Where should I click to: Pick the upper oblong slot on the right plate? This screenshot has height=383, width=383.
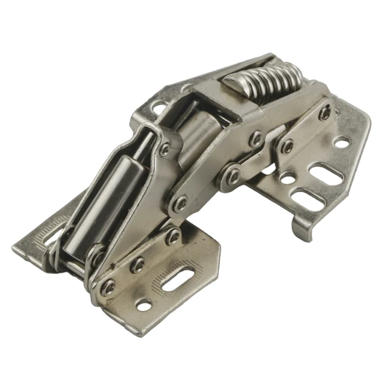tap(324, 174)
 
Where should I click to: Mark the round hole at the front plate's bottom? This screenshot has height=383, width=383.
tap(144, 305)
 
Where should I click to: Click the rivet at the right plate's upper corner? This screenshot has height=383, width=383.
tap(324, 111)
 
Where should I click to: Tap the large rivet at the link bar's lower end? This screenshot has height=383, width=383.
tap(178, 206)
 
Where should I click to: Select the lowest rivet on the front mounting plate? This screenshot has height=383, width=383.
tap(108, 287)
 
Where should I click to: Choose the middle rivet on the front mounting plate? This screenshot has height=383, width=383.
tap(138, 263)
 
